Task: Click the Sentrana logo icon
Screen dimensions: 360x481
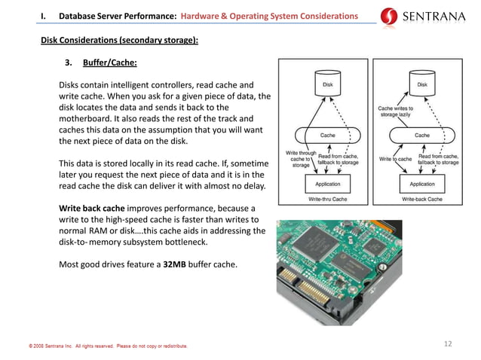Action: (390, 16)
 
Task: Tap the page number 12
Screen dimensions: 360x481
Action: (448, 344)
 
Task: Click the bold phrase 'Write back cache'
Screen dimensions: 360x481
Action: (93, 208)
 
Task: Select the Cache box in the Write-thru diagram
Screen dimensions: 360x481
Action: (328, 136)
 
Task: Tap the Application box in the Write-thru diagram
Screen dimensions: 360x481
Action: (328, 184)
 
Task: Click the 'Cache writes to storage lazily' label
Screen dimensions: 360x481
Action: (397, 111)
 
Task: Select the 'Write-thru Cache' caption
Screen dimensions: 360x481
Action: (328, 200)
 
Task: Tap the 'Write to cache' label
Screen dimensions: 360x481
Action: (395, 160)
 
